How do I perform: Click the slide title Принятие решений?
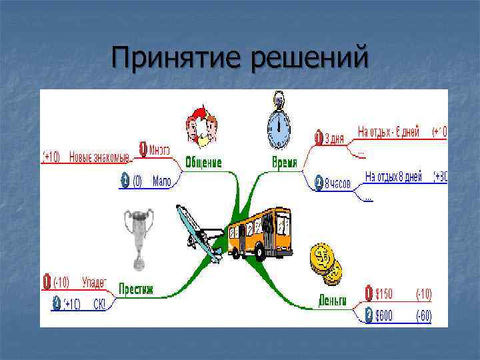tap(240, 57)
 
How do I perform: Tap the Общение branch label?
tap(203, 163)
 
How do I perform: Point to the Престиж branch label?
tap(136, 289)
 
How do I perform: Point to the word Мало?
tap(161, 180)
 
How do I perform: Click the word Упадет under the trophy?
tap(94, 282)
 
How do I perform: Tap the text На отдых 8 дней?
tap(393, 176)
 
